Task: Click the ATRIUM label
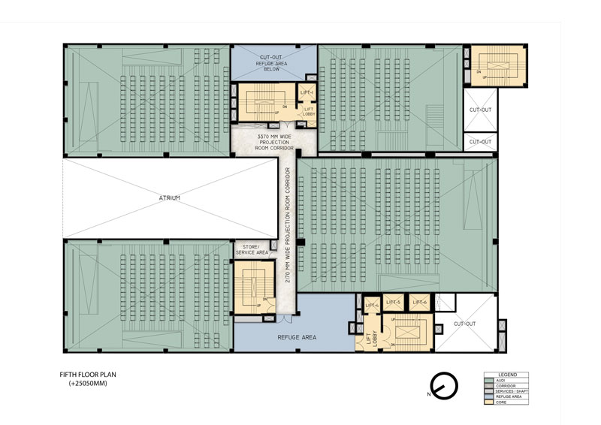(169, 198)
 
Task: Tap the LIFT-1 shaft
(307, 93)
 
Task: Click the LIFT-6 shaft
(419, 302)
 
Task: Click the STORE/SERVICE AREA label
(252, 250)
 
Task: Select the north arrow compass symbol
(443, 384)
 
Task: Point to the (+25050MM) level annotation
(88, 383)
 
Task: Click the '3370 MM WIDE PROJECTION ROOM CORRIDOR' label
(264, 142)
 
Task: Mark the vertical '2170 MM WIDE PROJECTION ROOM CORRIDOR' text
(288, 225)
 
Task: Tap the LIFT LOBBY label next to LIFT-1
(308, 112)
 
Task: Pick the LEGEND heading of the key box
(506, 374)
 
